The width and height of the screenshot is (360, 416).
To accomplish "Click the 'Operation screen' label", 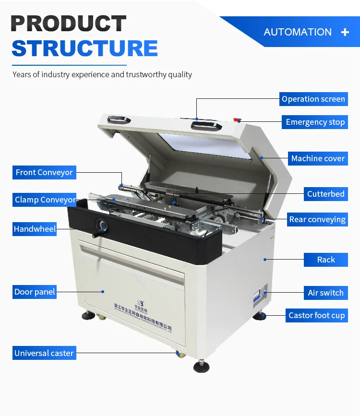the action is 313,99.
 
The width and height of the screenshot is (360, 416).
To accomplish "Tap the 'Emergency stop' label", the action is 315,122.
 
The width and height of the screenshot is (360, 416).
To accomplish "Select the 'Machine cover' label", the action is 318,158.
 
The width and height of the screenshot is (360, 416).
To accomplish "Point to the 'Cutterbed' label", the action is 325,194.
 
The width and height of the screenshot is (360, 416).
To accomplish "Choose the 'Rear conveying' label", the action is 317,220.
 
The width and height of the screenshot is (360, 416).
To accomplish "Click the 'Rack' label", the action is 326,260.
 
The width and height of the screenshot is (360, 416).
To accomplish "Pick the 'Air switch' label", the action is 325,293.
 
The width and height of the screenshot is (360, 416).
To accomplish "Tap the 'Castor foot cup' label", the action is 316,316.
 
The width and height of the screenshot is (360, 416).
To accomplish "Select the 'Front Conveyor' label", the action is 44,172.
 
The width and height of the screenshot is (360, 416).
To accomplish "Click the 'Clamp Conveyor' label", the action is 45,200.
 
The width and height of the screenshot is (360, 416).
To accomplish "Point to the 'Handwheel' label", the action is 35,229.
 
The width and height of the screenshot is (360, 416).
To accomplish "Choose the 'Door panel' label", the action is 35,292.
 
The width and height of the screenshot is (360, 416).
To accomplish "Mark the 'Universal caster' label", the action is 44,353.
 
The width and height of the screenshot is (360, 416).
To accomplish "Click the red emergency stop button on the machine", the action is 237,119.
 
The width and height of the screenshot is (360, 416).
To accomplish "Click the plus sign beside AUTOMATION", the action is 345,32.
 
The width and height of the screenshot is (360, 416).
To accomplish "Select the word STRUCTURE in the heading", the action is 84,48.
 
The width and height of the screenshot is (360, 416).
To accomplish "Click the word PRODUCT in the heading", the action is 69,24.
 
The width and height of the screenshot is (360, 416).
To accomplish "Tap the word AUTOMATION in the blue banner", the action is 298,32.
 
